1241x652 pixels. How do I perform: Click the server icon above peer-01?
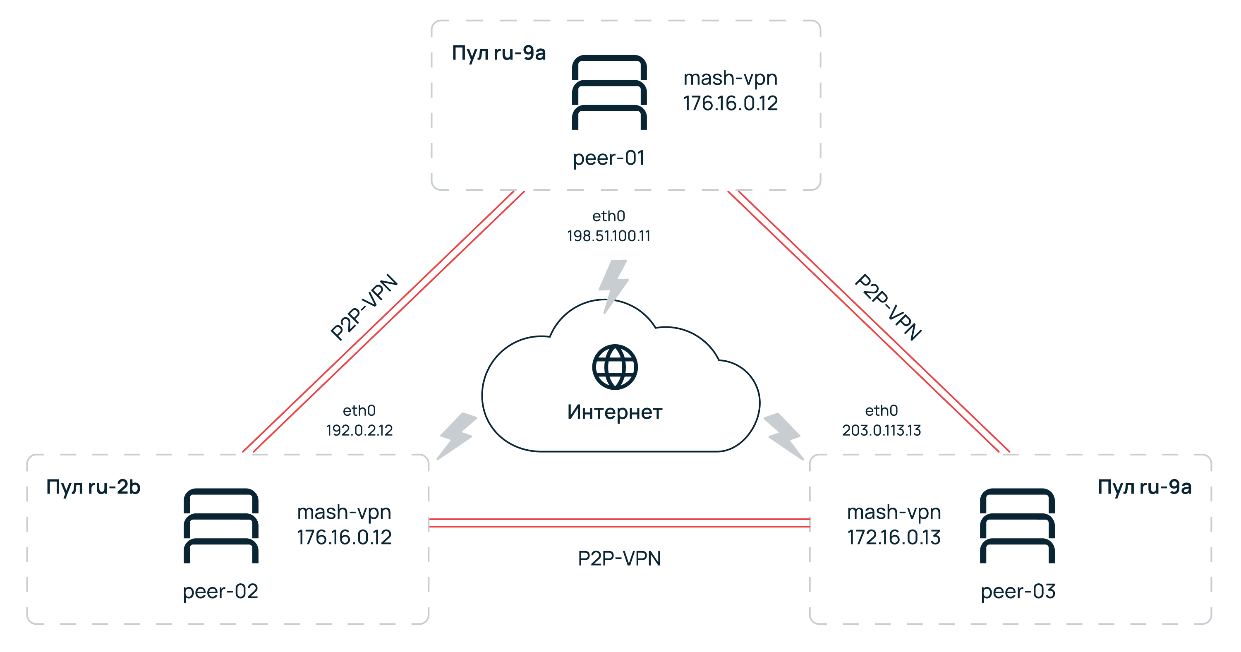pos(609,93)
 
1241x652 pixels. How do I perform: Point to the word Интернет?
pos(615,412)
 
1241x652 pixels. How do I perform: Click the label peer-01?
pos(609,158)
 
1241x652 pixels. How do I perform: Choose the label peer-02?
pos(220,591)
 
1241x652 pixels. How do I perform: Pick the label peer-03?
pos(1018,591)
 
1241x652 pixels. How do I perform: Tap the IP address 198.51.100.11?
pos(609,236)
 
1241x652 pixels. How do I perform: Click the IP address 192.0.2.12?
pos(359,430)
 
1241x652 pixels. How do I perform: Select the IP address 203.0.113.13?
pos(881,430)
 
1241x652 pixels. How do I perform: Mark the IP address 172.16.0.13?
pos(894,537)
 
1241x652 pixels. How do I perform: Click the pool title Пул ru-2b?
pos(93,487)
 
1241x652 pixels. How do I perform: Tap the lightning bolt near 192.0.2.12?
pos(456,435)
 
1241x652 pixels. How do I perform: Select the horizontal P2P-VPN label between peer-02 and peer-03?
pos(619,559)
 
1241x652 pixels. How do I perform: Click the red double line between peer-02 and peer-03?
pos(619,523)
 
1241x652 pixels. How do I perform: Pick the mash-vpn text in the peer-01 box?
pos(731,78)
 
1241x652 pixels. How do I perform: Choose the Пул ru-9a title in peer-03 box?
pos(1144,487)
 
